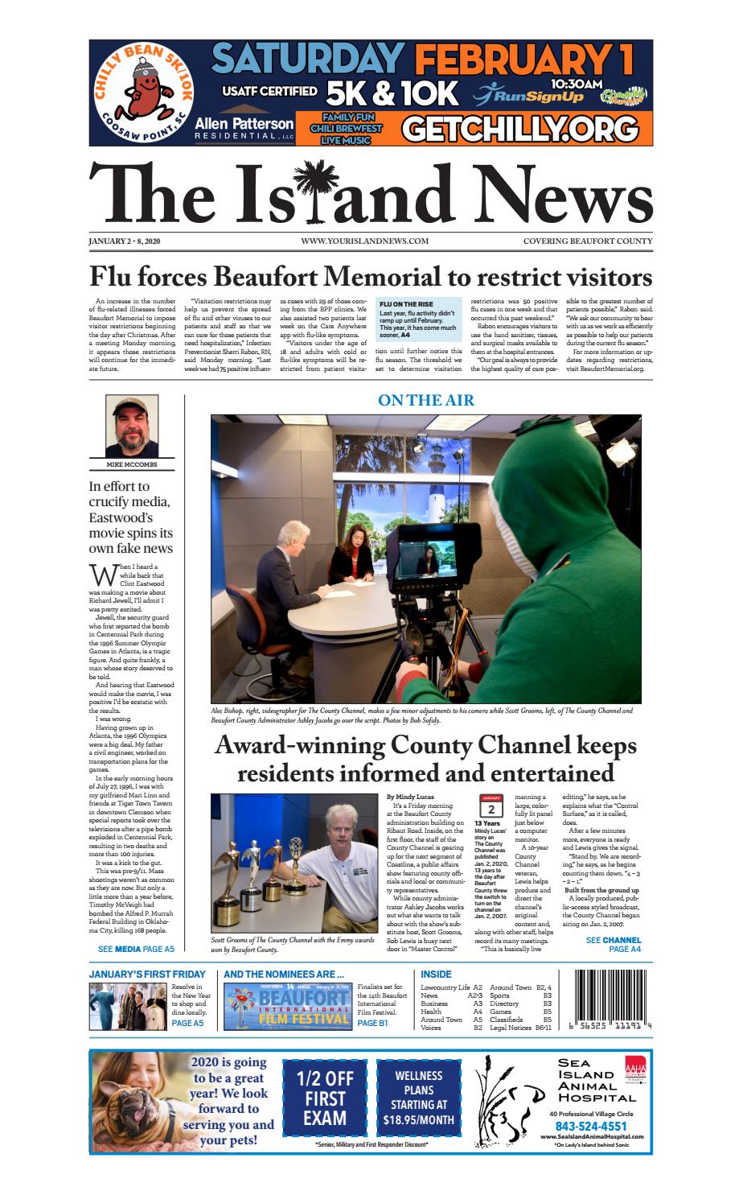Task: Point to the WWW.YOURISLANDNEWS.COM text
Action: coord(364,241)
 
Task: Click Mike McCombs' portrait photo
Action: coord(131,426)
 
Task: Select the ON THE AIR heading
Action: coord(426,400)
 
